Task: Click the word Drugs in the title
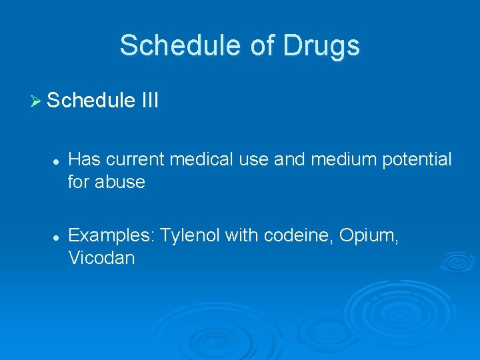click(x=322, y=46)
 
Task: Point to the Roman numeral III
click(x=149, y=101)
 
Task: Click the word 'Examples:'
click(x=111, y=237)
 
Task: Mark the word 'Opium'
click(x=373, y=237)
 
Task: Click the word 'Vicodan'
click(x=101, y=258)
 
